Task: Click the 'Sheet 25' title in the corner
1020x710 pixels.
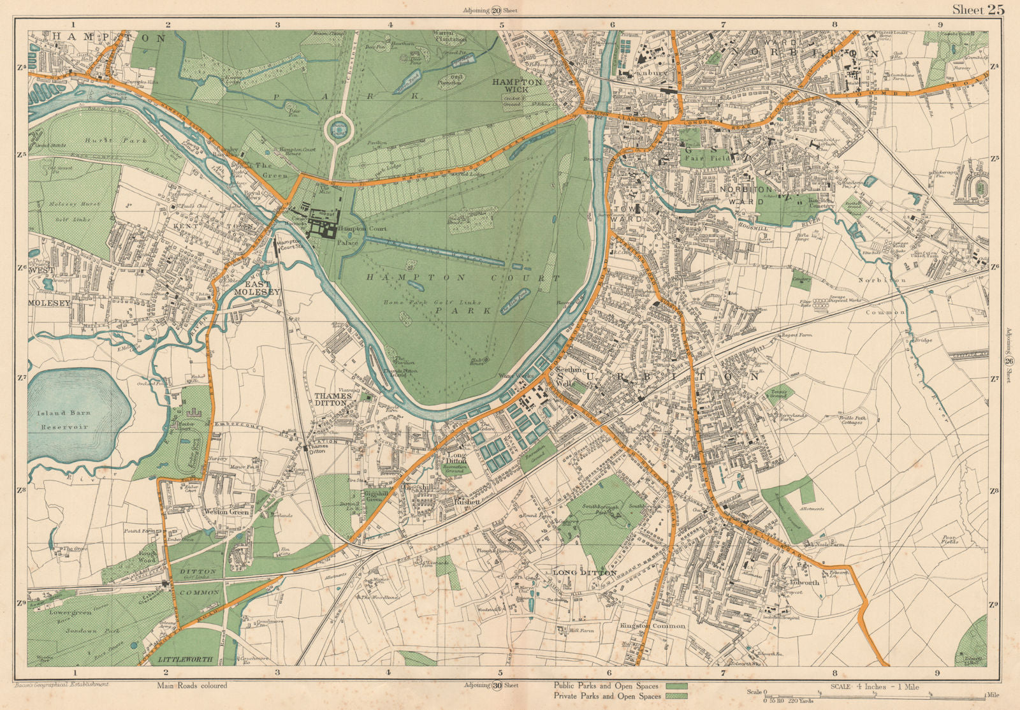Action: (x=978, y=9)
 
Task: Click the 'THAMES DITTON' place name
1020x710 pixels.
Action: (x=333, y=399)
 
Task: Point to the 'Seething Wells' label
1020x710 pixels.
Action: (x=565, y=377)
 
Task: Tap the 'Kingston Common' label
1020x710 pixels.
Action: (x=652, y=625)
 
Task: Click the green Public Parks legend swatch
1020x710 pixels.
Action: (x=676, y=686)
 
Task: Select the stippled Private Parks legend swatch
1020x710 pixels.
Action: (x=676, y=696)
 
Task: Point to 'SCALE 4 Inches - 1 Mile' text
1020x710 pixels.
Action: (x=875, y=686)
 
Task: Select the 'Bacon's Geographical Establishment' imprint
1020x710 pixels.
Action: (x=61, y=685)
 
